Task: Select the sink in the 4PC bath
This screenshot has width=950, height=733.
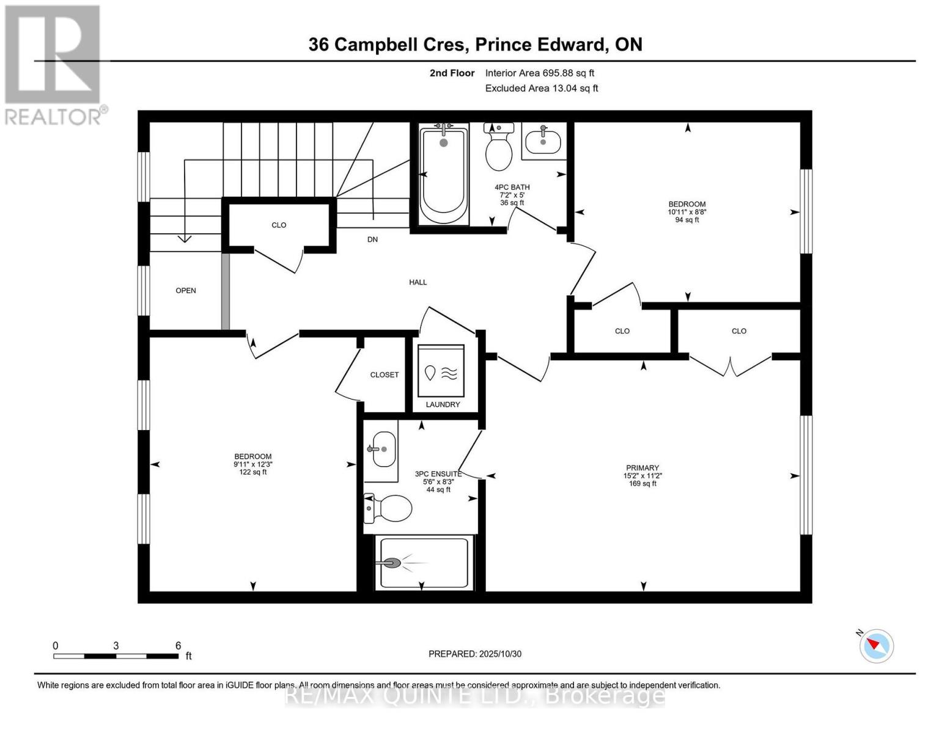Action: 543,141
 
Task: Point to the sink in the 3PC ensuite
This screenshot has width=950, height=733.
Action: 381,449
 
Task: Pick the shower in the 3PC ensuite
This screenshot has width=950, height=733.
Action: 424,563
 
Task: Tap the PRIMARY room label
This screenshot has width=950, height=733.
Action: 642,468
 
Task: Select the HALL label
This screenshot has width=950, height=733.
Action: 418,282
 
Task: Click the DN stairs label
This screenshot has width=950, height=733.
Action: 372,239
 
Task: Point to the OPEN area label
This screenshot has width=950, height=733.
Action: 186,291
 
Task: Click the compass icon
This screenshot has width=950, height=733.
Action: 877,645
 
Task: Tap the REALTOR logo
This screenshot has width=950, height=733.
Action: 54,64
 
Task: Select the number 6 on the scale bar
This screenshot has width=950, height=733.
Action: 178,646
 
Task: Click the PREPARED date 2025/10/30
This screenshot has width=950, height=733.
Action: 499,654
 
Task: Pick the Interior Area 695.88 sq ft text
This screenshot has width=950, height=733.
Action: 540,73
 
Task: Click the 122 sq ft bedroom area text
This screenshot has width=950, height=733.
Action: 253,472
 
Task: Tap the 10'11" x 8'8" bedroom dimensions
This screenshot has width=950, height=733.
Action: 687,212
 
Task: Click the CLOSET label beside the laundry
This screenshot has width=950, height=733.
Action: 385,375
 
